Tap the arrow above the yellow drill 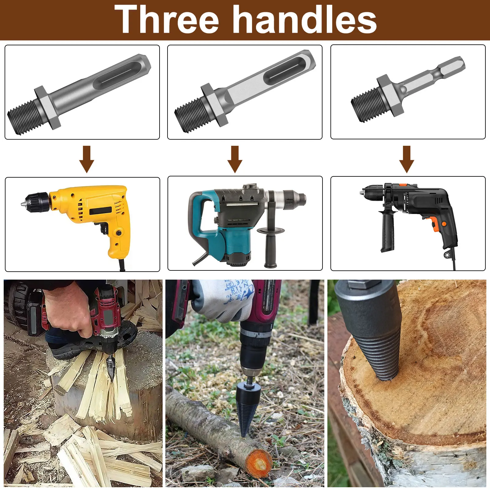[x=87, y=159]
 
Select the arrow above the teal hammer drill [x=235, y=159]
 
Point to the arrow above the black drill [x=407, y=159]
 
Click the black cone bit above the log [x=248, y=407]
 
